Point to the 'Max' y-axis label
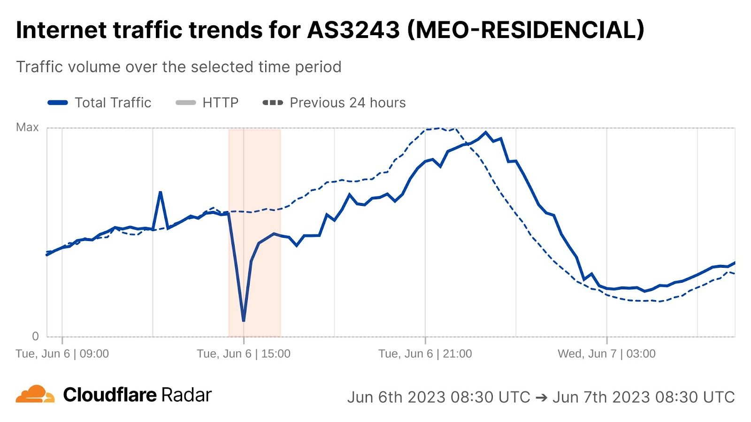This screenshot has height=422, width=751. point(27,128)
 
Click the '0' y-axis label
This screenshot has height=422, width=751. point(35,336)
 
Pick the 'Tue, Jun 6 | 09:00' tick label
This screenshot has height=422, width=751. point(62,354)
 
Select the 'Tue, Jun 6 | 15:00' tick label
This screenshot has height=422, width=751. point(244,354)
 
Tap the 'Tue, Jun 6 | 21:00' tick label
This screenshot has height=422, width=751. point(425,354)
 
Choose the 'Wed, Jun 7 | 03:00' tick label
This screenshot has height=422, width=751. point(606,354)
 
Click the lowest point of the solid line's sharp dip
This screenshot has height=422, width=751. point(244,321)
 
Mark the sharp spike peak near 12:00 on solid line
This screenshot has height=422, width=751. point(160,192)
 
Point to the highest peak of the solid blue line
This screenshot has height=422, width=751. point(486,132)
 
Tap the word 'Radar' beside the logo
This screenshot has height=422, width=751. point(187,395)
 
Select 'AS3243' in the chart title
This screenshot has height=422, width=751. point(353,30)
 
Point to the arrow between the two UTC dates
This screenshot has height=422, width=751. point(541,397)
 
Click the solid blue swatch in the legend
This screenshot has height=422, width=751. point(58,103)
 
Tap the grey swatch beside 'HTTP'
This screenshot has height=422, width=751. point(186,103)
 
